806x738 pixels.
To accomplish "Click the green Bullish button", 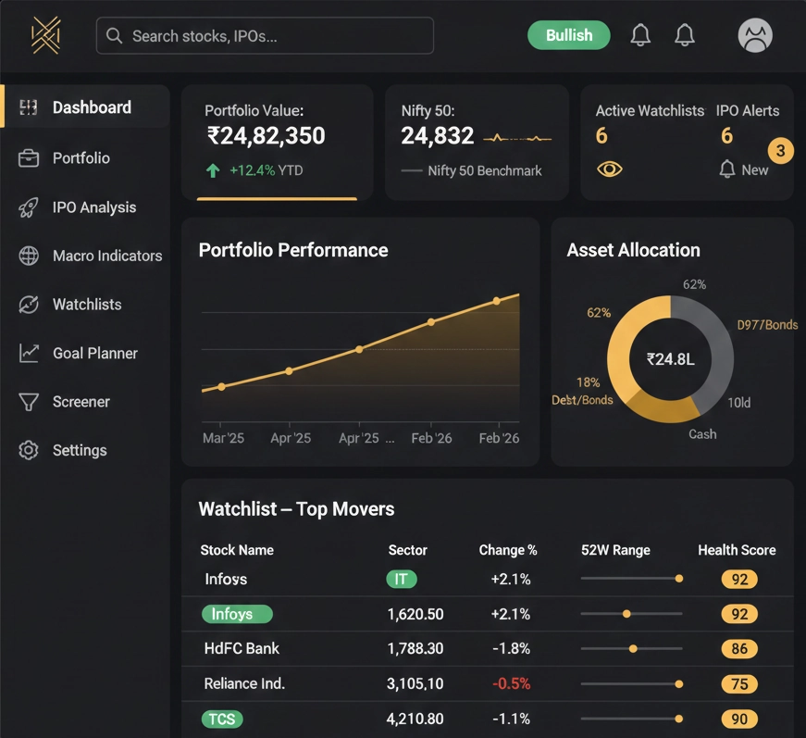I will [x=568, y=35].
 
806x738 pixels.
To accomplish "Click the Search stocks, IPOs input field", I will [x=265, y=36].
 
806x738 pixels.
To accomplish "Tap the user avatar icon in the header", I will [x=754, y=36].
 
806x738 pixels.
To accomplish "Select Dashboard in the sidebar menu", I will [x=91, y=107].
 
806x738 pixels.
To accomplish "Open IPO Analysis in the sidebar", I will [x=93, y=207].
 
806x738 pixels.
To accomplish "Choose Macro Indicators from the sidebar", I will [x=106, y=256].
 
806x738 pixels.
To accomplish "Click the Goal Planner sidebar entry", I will [x=94, y=353].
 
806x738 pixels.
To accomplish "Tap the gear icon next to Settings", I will [x=29, y=450].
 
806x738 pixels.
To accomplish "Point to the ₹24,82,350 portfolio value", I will [x=266, y=136].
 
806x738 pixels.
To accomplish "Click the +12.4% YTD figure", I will [x=265, y=170].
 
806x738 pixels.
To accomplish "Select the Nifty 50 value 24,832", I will [x=437, y=136].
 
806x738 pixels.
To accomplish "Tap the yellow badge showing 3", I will [x=780, y=150].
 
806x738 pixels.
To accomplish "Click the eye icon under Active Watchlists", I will [x=609, y=169].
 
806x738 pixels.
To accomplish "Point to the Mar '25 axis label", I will [x=223, y=438].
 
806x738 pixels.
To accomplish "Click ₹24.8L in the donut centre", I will [x=670, y=359].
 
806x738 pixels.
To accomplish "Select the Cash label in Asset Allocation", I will [x=701, y=433].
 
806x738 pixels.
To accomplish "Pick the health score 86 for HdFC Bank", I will [x=738, y=649].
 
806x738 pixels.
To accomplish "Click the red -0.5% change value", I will [x=511, y=683].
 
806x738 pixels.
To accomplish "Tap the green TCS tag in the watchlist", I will [x=221, y=719].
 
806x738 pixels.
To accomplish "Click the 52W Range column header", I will [x=614, y=550].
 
